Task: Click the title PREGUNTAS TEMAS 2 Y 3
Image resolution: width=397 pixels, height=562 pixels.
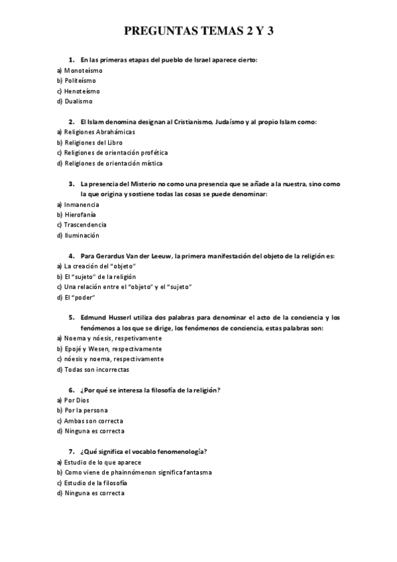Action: [199, 32]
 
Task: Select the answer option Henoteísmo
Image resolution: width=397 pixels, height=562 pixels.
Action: [85, 91]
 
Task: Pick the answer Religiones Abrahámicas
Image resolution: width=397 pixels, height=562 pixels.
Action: [97, 132]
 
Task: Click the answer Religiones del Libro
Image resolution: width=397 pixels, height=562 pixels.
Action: [93, 142]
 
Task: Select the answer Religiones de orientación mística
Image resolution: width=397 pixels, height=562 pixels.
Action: [113, 163]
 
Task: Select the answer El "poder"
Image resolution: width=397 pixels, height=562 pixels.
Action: [76, 297]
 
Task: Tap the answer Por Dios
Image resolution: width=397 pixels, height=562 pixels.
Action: [77, 400]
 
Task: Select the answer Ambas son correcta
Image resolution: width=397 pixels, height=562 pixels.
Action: [93, 421]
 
